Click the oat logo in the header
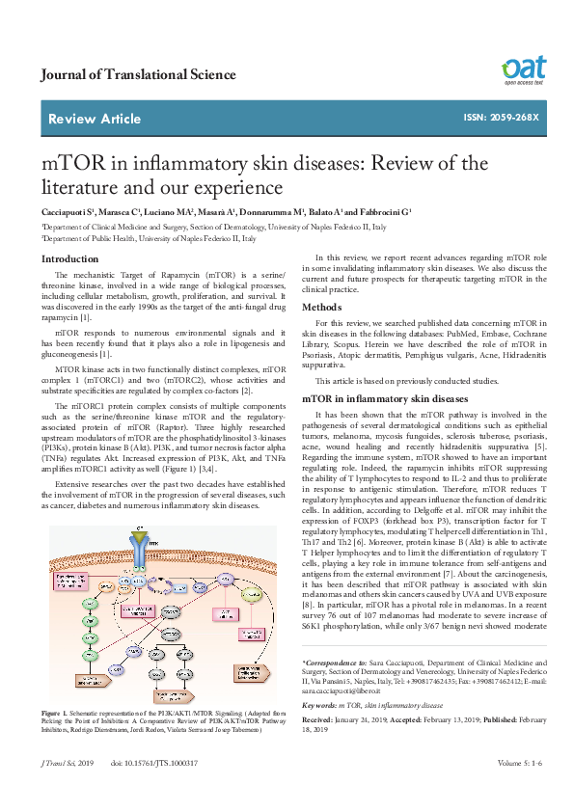click(523, 69)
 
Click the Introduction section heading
click(69, 258)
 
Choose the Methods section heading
click(322, 307)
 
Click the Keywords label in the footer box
click(319, 733)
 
